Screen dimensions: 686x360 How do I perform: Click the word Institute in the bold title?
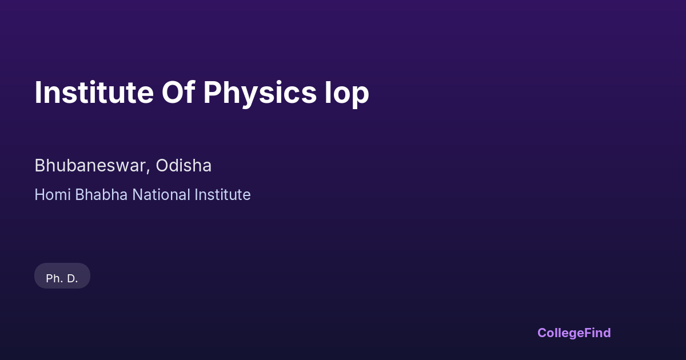click(94, 93)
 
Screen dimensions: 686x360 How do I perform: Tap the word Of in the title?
click(178, 93)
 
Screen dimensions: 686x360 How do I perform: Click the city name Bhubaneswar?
click(90, 166)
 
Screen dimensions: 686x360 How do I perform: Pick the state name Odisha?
click(184, 166)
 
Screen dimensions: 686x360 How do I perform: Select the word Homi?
click(53, 195)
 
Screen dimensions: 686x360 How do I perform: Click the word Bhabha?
click(101, 195)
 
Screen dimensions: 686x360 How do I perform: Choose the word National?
click(161, 195)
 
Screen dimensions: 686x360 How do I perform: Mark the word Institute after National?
click(222, 195)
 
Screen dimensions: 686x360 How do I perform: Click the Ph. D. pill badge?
click(62, 276)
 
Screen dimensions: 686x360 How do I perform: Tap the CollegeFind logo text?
click(574, 333)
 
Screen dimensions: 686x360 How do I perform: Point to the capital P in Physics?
click(212, 93)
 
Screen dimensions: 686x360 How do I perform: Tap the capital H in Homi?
click(40, 195)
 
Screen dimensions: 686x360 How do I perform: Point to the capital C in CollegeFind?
click(542, 333)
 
